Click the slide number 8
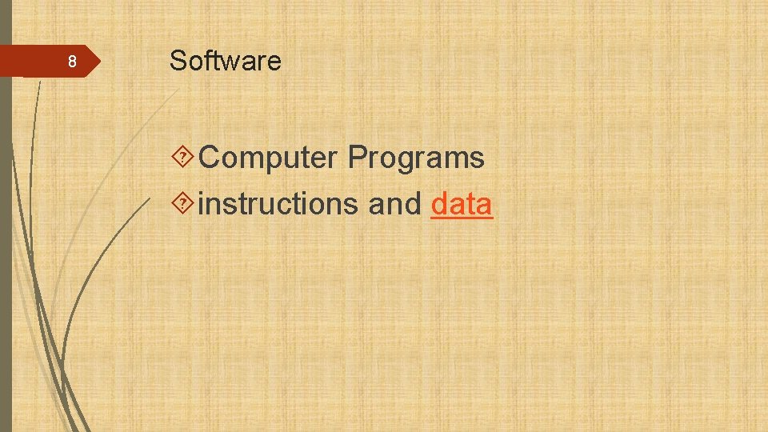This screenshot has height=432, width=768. tap(71, 62)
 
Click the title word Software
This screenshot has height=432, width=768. tap(225, 61)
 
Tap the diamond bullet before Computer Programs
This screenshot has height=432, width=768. tap(184, 158)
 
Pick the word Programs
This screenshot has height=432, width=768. tap(416, 158)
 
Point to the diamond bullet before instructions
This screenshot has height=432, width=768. tap(184, 205)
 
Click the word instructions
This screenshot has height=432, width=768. tap(278, 205)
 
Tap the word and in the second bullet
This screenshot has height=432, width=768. tap(394, 205)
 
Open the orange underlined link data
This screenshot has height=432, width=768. tap(462, 205)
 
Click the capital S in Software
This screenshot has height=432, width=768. tap(178, 61)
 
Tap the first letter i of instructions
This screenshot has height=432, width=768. tap(201, 204)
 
